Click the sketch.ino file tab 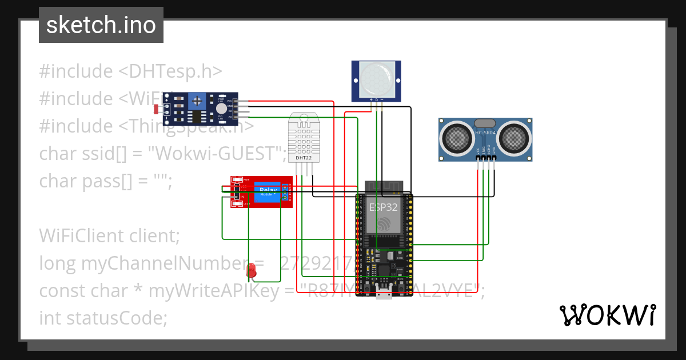[101, 25]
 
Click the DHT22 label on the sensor [303, 157]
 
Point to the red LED [250, 270]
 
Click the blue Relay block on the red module [268, 191]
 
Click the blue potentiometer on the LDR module [197, 101]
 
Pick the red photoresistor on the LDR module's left [157, 109]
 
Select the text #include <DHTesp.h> [130, 71]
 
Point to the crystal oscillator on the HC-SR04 [485, 122]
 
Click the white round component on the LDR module [221, 109]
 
